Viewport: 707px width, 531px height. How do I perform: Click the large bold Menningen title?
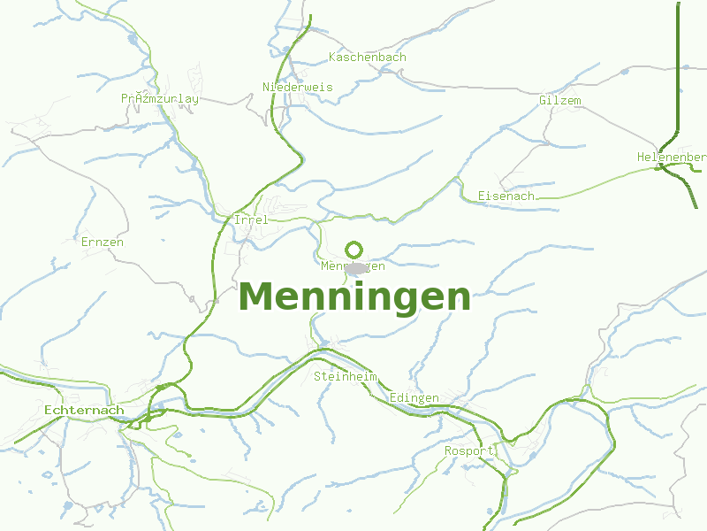[354, 297]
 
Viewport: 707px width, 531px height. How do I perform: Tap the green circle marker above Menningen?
[354, 250]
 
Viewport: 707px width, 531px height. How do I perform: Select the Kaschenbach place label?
[367, 58]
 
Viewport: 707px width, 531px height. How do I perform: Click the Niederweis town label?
[298, 87]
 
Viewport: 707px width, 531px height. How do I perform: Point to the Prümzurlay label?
[160, 99]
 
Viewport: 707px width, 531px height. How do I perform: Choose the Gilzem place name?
[560, 101]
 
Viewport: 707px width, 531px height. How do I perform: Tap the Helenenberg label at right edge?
[672, 158]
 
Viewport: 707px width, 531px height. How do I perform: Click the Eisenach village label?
[506, 196]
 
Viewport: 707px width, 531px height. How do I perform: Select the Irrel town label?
[250, 219]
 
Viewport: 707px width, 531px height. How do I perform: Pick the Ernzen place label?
[102, 242]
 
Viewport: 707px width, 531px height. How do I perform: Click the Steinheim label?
[346, 377]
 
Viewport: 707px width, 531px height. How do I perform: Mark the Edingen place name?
[414, 398]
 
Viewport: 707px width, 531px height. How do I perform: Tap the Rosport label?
[469, 451]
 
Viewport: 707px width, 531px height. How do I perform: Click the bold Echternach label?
[84, 411]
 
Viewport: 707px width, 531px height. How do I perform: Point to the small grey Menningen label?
[353, 265]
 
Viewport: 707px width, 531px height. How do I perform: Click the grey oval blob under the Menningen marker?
[356, 269]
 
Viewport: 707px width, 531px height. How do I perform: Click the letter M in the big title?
[255, 297]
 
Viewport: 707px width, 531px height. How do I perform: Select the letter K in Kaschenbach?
[332, 58]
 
